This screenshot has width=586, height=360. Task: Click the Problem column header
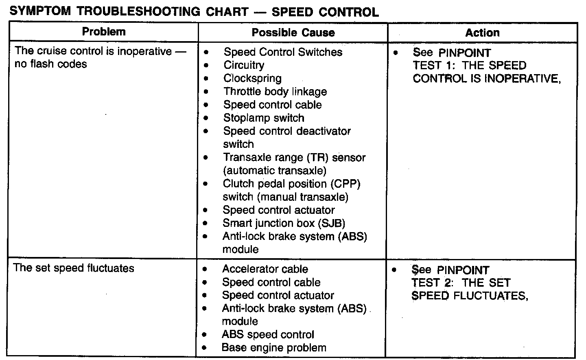[104, 32]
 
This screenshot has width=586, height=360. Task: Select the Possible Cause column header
[293, 33]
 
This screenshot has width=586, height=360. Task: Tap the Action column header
[482, 33]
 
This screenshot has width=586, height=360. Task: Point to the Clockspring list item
[252, 78]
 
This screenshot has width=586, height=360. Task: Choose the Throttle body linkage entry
[275, 92]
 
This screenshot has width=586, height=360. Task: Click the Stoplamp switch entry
[264, 118]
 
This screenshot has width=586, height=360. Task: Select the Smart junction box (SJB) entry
[284, 223]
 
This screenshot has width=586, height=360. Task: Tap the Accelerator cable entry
[265, 269]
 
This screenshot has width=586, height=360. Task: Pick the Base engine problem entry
[274, 348]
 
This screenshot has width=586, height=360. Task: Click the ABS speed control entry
[268, 335]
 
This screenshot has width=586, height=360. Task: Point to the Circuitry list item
[244, 65]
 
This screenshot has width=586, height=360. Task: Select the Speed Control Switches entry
[283, 52]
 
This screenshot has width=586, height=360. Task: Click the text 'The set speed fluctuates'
[74, 268]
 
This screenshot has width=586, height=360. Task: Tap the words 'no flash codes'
[51, 64]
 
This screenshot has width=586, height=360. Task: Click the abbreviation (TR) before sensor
[318, 158]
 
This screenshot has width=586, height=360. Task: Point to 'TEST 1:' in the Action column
[434, 66]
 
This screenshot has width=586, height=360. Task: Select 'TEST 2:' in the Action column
[433, 283]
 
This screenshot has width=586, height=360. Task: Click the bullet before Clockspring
[206, 79]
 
